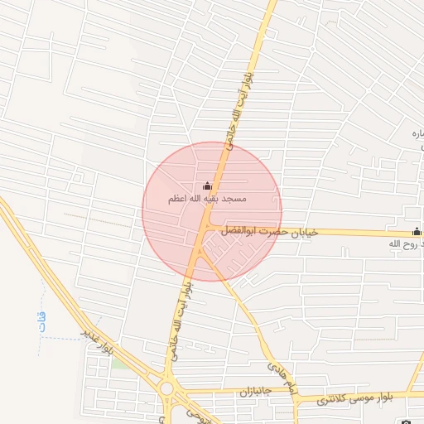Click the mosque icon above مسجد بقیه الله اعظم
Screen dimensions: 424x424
(206, 185)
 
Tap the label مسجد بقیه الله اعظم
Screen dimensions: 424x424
(206, 200)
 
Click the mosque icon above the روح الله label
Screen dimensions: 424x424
(416, 232)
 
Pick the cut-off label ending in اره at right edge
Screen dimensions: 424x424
(417, 133)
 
